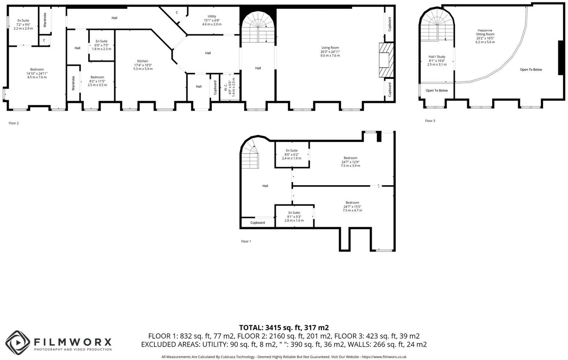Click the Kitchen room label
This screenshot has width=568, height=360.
point(143,61)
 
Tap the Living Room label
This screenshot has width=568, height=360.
point(330,48)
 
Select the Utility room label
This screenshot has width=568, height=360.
point(212,16)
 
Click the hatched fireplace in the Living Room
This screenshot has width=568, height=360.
point(386,60)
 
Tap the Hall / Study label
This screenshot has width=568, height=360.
point(437,57)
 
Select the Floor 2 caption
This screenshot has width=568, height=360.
point(14,123)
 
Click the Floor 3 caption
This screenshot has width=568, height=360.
point(430,121)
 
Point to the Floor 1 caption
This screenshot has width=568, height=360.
point(246,241)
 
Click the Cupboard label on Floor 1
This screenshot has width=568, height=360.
point(258,223)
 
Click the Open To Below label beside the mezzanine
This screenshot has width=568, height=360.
point(531,70)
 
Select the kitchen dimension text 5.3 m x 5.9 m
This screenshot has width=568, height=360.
point(143,69)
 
